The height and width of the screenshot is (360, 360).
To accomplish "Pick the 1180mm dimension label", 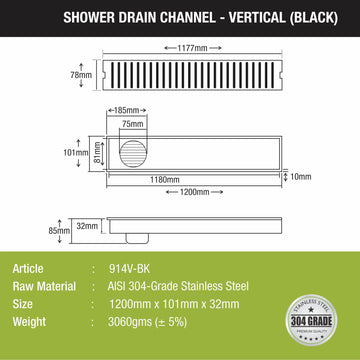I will click(182, 181).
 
